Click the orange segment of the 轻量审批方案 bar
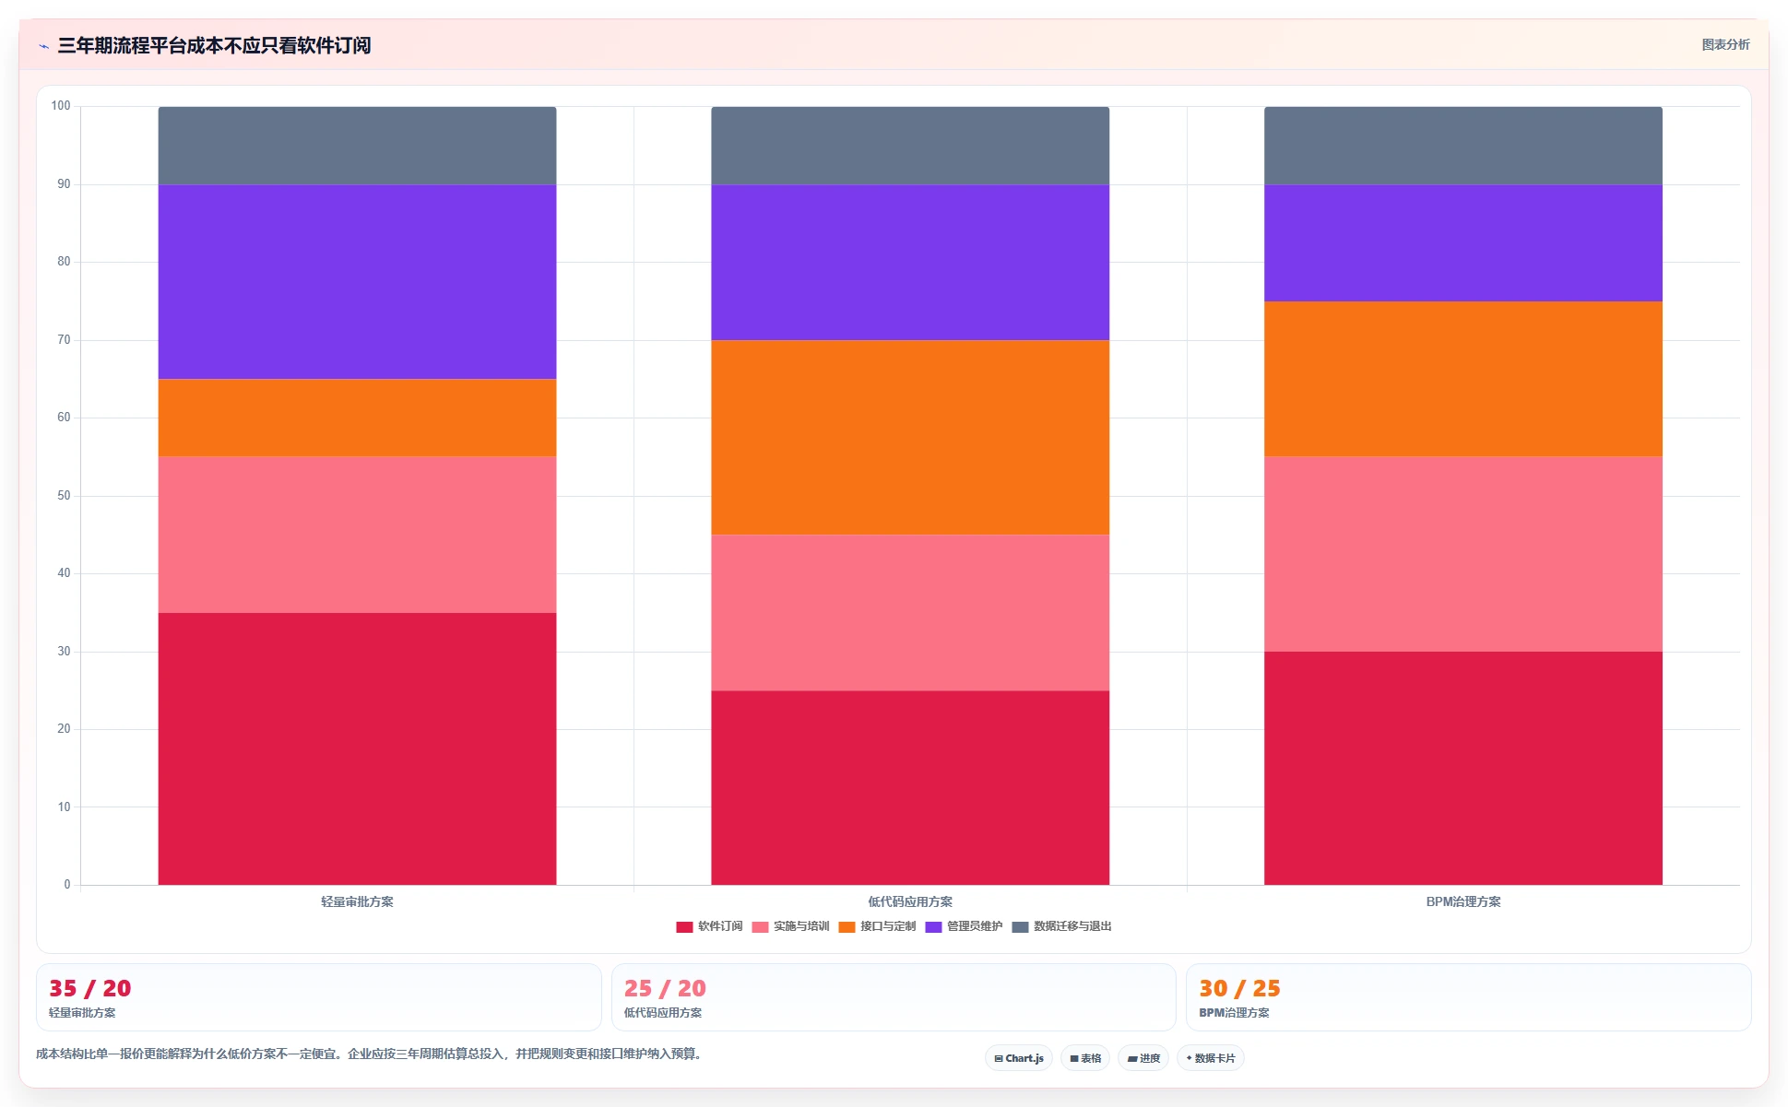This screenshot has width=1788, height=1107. (x=357, y=418)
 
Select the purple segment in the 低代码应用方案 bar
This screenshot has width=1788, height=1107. (x=910, y=263)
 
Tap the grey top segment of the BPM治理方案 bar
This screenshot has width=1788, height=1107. (x=1463, y=146)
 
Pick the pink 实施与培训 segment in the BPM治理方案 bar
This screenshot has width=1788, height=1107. (x=1463, y=554)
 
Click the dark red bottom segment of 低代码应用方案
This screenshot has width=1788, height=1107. (x=910, y=787)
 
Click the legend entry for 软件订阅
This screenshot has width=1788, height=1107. (x=709, y=926)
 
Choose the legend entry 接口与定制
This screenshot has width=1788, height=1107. (x=877, y=926)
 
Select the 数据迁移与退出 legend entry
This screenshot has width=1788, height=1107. (x=1061, y=926)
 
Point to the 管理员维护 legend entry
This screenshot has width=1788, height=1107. (x=964, y=926)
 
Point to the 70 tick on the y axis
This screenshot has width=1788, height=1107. (x=64, y=340)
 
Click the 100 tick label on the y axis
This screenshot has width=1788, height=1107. (x=61, y=106)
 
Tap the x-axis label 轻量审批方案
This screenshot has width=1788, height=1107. (x=357, y=901)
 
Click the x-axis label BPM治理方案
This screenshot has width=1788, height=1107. (x=1463, y=901)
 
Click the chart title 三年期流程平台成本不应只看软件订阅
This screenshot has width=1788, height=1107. (x=214, y=45)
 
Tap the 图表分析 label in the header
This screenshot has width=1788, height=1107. (x=1725, y=44)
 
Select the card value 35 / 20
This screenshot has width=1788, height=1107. (x=89, y=988)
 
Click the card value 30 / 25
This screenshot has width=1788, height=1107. (x=1239, y=988)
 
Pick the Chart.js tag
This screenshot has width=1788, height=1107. (x=1019, y=1058)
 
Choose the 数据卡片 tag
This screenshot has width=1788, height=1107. (x=1211, y=1058)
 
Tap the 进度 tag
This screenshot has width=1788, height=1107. (x=1143, y=1058)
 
